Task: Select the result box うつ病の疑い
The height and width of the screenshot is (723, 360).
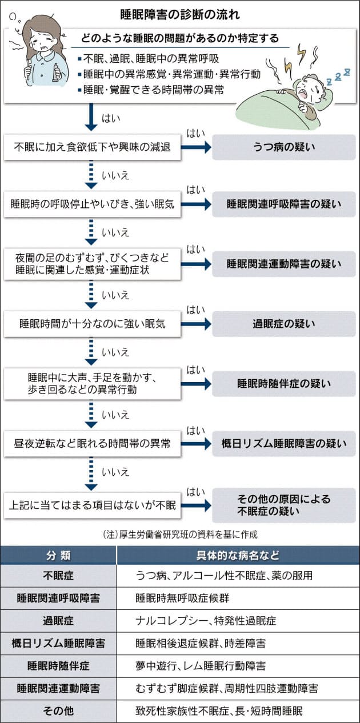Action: point(283,147)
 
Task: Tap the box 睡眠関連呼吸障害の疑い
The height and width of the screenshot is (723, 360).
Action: point(283,204)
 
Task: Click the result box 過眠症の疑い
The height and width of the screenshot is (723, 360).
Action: point(283,324)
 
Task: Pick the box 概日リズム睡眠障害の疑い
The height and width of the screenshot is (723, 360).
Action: point(283,443)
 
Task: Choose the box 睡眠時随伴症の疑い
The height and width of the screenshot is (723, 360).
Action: point(283,384)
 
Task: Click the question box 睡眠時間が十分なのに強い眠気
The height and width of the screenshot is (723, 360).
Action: point(92,324)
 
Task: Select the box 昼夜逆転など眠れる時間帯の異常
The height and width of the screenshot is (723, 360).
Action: point(92,443)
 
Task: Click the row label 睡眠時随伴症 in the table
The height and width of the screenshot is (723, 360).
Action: point(58,665)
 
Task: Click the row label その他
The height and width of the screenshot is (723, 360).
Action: point(58,711)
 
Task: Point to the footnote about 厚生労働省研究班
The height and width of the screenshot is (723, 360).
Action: point(179,535)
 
